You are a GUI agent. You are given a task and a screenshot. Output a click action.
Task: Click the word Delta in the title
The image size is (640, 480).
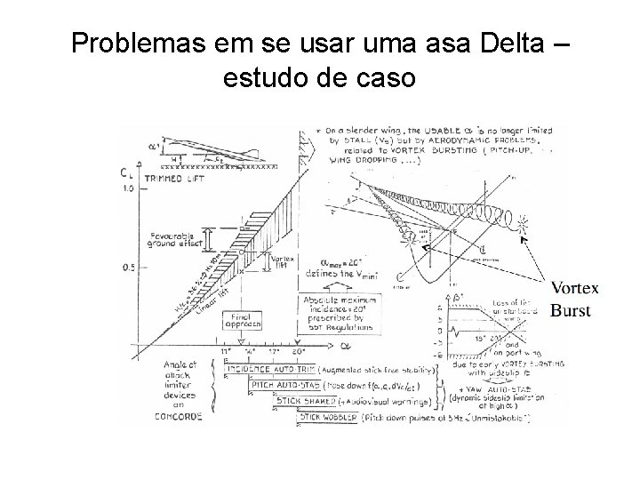508,42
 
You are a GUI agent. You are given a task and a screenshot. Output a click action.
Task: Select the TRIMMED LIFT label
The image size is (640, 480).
174,178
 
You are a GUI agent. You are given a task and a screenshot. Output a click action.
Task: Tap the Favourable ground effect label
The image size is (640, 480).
178,237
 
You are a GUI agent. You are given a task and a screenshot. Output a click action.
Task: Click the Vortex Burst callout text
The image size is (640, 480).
574,300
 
